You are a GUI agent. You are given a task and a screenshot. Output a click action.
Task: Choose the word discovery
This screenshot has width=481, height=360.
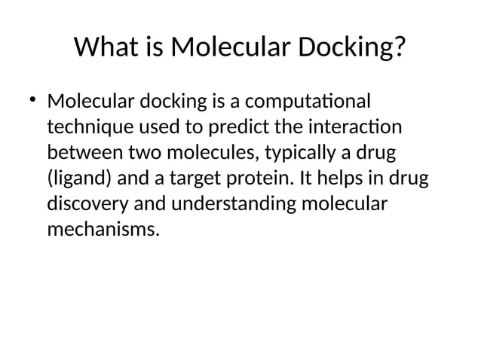pos(85,204)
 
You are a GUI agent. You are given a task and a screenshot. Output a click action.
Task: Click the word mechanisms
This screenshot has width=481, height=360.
pos(103,230)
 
